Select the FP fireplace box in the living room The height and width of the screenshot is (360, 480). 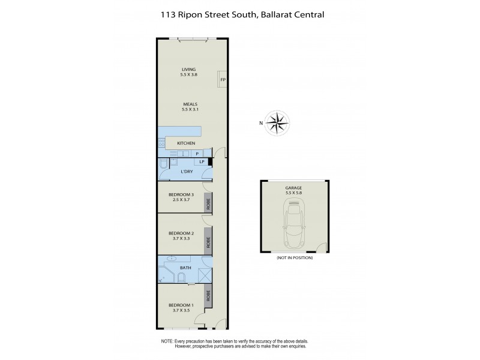coord(223,80)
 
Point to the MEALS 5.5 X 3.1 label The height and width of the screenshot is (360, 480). coord(190,107)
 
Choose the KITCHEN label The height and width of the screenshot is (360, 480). coord(186,143)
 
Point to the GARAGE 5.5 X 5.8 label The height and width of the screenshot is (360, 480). coord(293,190)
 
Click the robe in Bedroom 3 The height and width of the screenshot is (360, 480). coord(208,203)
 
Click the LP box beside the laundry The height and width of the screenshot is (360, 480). coord(202,161)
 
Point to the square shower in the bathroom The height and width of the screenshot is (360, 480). coord(204,274)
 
